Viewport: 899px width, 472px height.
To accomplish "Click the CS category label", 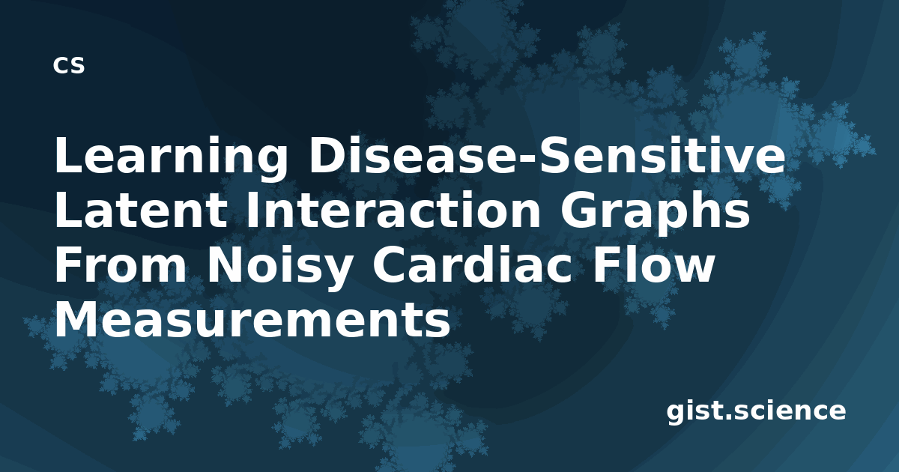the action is [69, 65].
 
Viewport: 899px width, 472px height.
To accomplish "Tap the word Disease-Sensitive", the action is [546, 154].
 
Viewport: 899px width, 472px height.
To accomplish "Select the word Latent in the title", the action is [141, 211].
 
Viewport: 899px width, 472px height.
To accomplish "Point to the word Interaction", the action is [393, 210].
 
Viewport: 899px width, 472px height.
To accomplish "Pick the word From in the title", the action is [121, 266].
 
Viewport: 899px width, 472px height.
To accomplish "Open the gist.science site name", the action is [756, 412].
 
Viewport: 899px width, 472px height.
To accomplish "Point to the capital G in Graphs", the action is [578, 210].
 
